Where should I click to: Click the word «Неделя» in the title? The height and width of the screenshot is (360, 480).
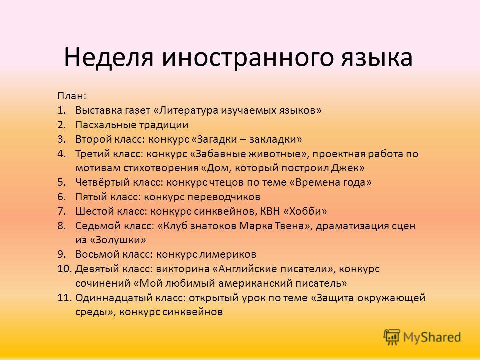[x=108, y=57]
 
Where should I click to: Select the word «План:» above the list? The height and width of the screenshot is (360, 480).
[x=72, y=96]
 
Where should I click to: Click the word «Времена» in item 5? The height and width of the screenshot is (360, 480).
[x=315, y=182]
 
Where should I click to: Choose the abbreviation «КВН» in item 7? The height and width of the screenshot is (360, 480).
[x=270, y=211]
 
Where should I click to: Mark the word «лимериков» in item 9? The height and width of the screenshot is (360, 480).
[x=228, y=254]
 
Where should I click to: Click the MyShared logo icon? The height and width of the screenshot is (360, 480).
[x=392, y=337]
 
